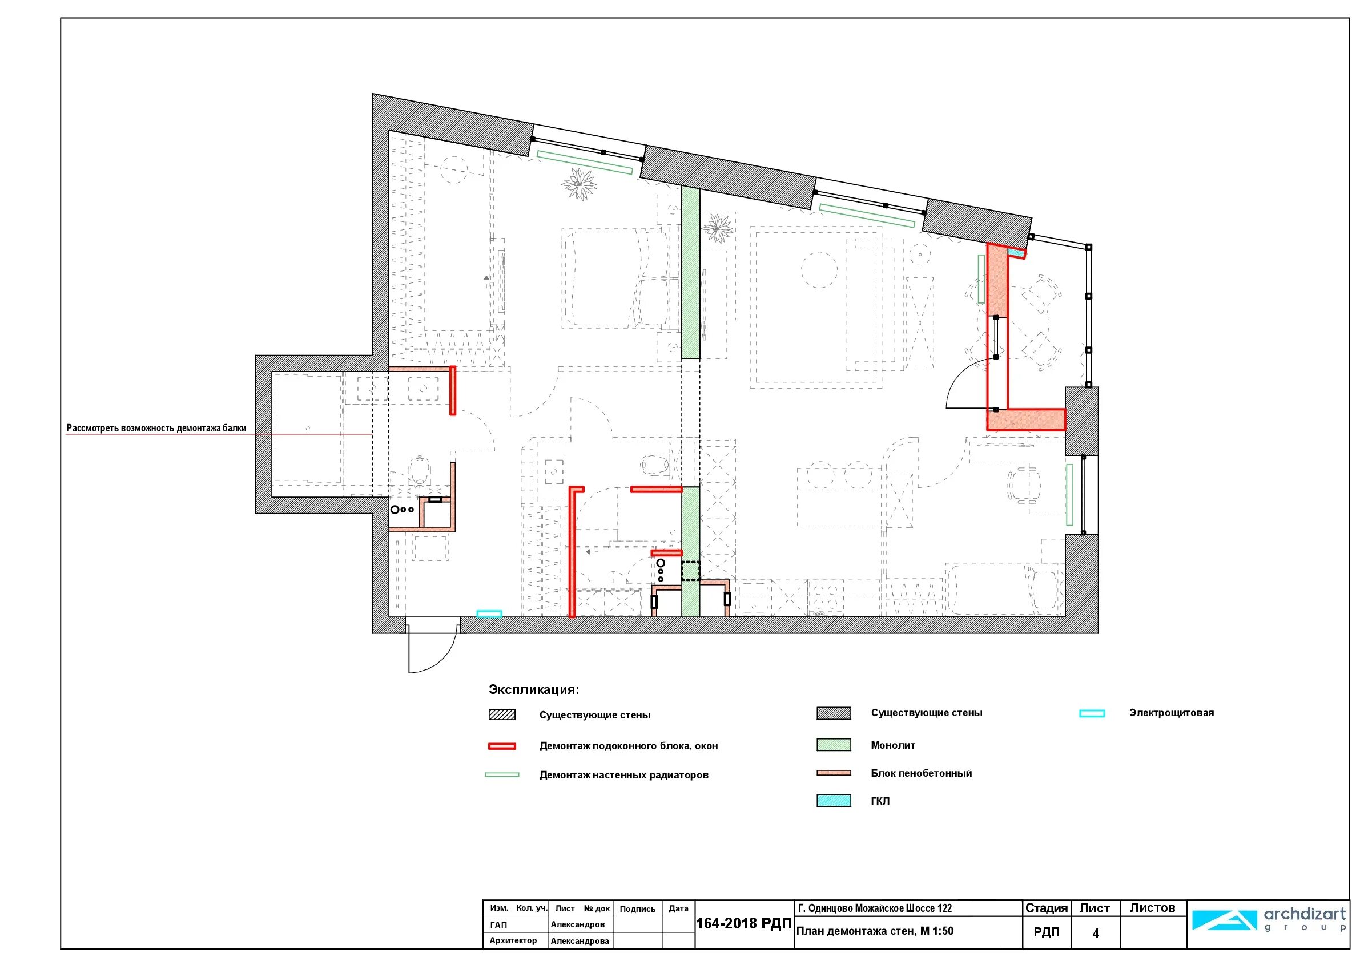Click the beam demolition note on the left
[x=156, y=428]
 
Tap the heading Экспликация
[x=534, y=689]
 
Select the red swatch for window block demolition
[x=502, y=746]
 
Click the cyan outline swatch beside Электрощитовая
[x=1092, y=713]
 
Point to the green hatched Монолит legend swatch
[x=834, y=745]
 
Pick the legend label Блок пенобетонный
[x=921, y=773]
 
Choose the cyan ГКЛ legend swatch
[x=834, y=801]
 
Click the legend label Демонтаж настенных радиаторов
[x=623, y=775]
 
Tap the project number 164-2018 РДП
[x=744, y=924]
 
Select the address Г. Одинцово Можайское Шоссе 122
[x=875, y=908]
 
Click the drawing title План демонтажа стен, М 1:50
[x=875, y=931]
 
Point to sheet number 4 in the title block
[x=1095, y=933]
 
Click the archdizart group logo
[x=1268, y=919]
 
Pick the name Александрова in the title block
[x=580, y=941]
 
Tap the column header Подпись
[x=637, y=909]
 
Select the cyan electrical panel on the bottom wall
[x=489, y=614]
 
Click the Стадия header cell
[x=1046, y=908]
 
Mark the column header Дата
[x=678, y=908]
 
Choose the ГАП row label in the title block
[x=498, y=925]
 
